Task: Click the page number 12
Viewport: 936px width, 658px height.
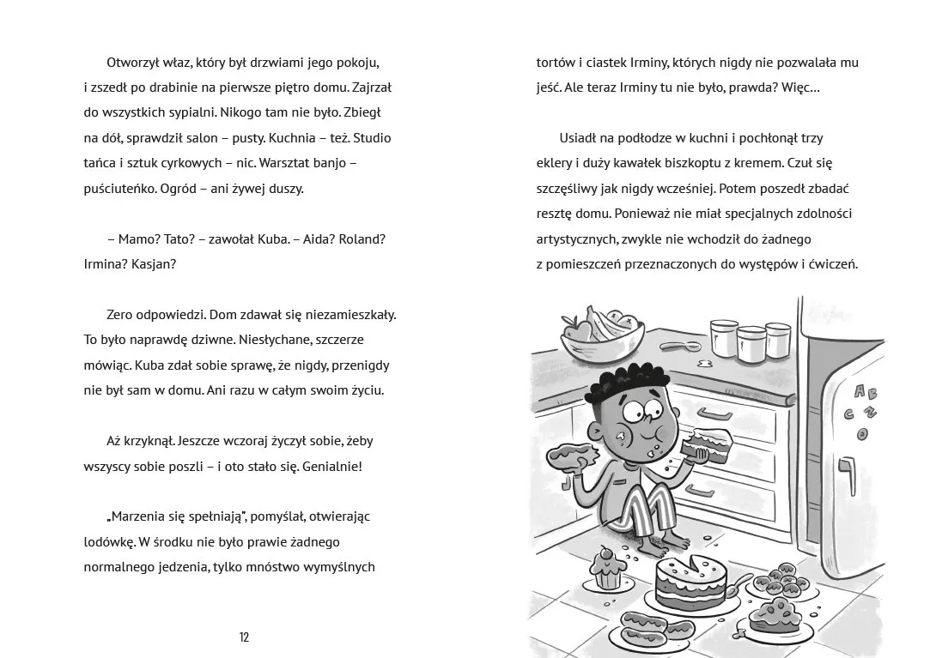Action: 245,637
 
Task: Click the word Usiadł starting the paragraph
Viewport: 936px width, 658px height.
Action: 583,138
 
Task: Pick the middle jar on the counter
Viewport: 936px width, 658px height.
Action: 751,341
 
